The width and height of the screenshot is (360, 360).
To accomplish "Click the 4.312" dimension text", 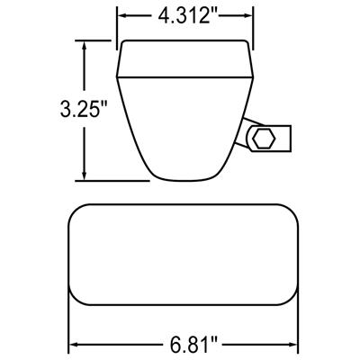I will pyautogui.click(x=184, y=15).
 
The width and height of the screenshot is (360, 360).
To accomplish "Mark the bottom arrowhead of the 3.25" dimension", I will pyautogui.click(x=85, y=175).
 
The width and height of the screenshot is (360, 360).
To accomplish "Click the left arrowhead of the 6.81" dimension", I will pyautogui.click(x=73, y=345).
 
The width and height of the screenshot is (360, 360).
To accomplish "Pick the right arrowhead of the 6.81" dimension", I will pyautogui.click(x=296, y=345).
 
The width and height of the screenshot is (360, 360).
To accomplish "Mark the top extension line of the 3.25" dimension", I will pyautogui.click(x=99, y=41).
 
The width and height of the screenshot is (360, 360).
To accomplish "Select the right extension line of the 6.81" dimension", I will pyautogui.click(x=301, y=328).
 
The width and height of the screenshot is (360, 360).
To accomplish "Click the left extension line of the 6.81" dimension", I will pyautogui.click(x=68, y=328).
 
